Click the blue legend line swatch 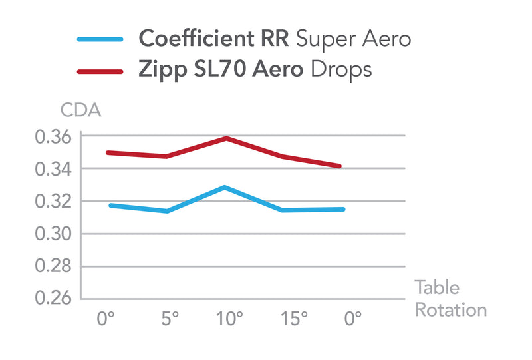[x=100, y=39]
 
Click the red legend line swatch [x=100, y=70]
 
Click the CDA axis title [x=80, y=110]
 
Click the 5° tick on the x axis [x=170, y=320]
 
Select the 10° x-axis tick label [x=230, y=320]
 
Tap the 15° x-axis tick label [x=293, y=320]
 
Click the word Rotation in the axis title [x=451, y=310]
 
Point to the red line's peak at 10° [x=227, y=138]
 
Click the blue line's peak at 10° [x=225, y=187]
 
